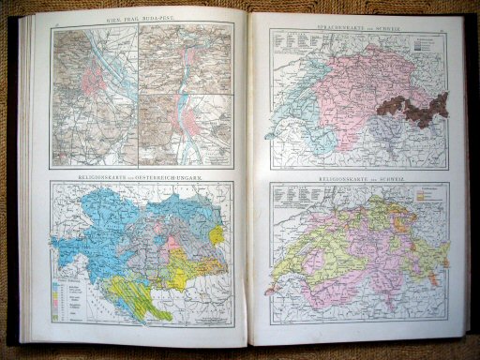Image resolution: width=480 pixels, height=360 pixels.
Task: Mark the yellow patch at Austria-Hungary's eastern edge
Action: (217, 233)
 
